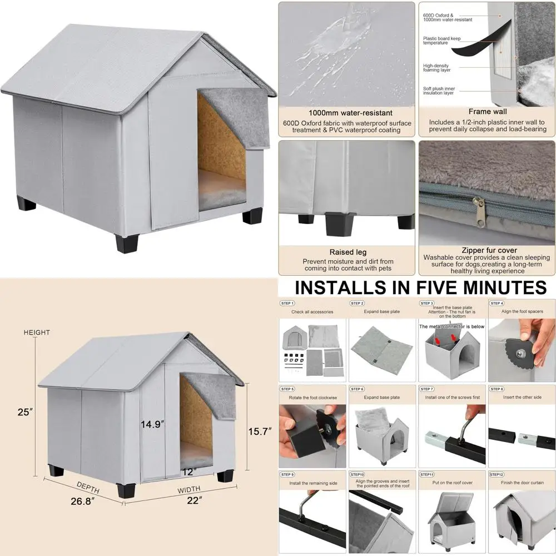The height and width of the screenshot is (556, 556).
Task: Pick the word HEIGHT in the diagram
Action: pos(37,332)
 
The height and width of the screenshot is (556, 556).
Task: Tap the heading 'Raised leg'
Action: pos(348,252)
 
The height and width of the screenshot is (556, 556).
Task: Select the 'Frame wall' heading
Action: pos(488,111)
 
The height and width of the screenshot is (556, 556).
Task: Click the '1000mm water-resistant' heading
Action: pos(346,113)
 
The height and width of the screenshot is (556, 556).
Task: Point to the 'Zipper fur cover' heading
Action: pos(486,250)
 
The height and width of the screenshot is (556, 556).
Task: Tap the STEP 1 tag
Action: pos(287,303)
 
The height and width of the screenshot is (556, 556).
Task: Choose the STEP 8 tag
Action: pos(497,389)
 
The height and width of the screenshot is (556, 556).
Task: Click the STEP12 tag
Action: pos(497,474)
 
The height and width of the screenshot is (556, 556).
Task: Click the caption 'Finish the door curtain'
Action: pos(522,483)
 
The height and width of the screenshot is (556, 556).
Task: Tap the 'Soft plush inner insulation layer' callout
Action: pos(439,91)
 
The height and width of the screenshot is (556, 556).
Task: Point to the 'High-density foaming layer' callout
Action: pos(436,67)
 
